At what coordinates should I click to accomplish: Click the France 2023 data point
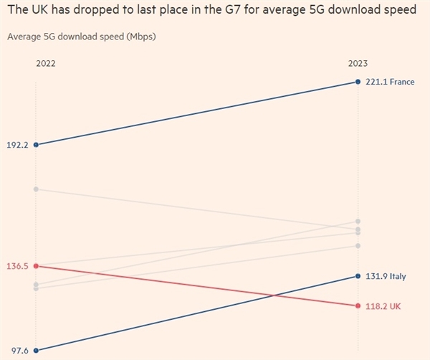(358, 82)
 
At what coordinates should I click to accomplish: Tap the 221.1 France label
(390, 82)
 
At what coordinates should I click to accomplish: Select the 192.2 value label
(17, 145)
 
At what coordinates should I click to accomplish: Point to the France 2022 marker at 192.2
(36, 145)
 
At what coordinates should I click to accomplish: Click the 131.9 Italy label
(386, 277)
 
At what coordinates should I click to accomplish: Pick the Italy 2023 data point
(358, 276)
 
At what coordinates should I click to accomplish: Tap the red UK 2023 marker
(358, 306)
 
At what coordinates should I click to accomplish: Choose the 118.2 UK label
(383, 306)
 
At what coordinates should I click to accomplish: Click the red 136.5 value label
(17, 266)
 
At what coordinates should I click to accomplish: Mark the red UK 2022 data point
(36, 266)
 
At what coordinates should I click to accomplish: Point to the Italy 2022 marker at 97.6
(36, 350)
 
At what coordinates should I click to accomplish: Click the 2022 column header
(45, 63)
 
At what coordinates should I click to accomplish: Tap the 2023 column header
(358, 63)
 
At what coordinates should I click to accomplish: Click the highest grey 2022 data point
(36, 189)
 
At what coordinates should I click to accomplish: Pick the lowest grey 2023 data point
(358, 246)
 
